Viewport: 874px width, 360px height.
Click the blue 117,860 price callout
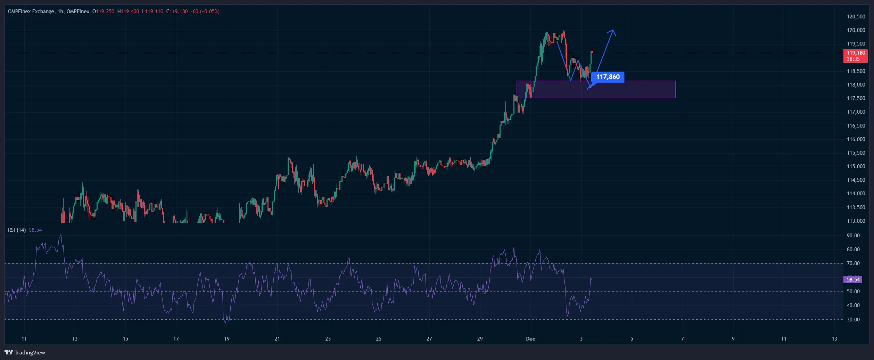pos(608,77)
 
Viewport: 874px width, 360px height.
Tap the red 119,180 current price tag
pos(855,56)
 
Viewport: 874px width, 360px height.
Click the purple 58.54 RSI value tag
pos(853,280)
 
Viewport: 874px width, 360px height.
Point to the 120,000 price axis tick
pos(856,30)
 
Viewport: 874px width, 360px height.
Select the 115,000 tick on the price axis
pos(856,166)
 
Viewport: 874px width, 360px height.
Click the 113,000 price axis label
pos(856,221)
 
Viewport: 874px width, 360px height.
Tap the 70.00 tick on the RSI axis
pos(853,263)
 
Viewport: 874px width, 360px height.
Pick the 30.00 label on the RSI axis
pos(853,320)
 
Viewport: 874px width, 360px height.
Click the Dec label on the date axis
pos(530,339)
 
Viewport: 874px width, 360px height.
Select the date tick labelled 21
pos(277,339)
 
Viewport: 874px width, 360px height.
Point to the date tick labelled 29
pos(480,339)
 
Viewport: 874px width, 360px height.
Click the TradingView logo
pos(25,352)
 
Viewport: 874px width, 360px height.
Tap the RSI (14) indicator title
pos(17,230)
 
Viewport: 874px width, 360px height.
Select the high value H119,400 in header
pos(128,11)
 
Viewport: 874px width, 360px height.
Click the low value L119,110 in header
pos(152,11)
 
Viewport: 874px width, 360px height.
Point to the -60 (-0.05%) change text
pos(205,11)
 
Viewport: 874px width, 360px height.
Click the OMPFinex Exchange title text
pos(31,11)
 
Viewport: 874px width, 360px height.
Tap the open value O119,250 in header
pos(103,11)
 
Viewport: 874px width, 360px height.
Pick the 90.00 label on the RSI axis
pos(853,236)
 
